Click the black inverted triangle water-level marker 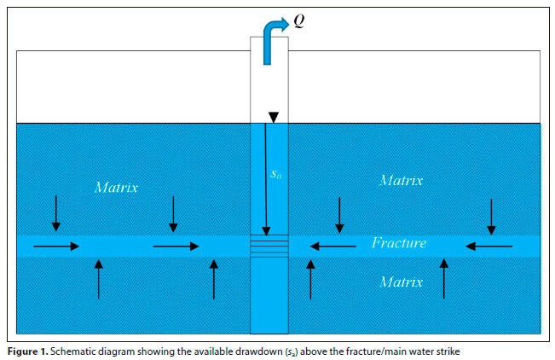pos(273,117)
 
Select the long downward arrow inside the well pos(266,179)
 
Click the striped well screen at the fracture pos(269,247)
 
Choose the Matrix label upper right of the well pos(401,180)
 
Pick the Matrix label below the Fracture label pos(401,281)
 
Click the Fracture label pos(399,244)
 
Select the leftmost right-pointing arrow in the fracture pos(56,247)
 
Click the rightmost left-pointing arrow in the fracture pos(490,247)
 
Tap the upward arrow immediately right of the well pos(310,279)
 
